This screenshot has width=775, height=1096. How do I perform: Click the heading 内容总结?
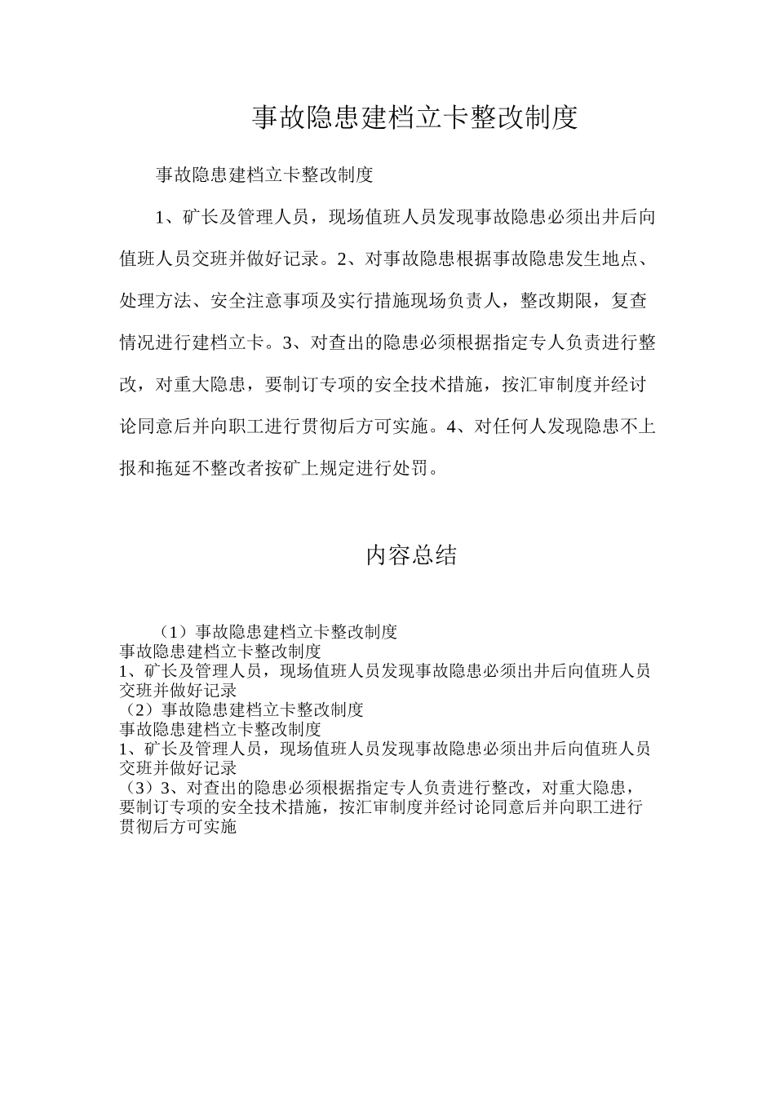click(411, 556)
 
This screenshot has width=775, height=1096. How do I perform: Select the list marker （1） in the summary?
click(174, 632)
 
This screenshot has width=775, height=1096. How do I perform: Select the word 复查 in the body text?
click(629, 302)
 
